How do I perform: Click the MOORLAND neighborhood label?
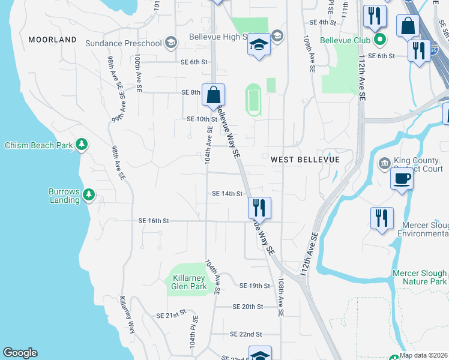(x=52, y=40)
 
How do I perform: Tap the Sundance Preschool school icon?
(x=171, y=43)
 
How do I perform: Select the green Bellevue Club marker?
(x=379, y=40)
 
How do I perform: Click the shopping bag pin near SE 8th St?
(x=213, y=95)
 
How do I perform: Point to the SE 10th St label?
(x=201, y=119)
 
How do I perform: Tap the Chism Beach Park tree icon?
(x=82, y=145)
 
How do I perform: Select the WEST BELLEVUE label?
(x=305, y=160)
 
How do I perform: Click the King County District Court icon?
(x=384, y=163)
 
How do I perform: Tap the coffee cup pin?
(x=402, y=178)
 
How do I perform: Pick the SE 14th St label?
(x=227, y=194)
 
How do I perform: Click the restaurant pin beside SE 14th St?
(x=259, y=208)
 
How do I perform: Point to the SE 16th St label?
(x=154, y=221)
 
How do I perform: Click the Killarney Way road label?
(x=127, y=315)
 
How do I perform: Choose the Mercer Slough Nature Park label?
(x=420, y=277)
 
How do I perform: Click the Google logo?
(x=20, y=353)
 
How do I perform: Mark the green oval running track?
(x=253, y=100)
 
